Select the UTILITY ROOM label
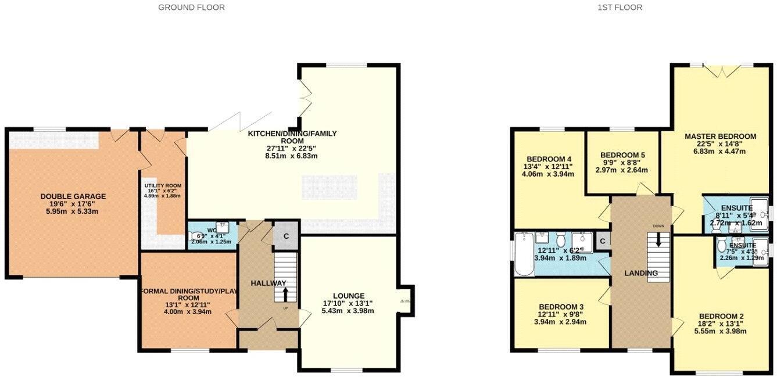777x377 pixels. point(163,186)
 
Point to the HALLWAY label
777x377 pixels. point(268,283)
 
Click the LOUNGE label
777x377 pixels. point(349,296)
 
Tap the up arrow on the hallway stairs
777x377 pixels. point(285,295)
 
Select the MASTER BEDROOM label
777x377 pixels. point(720,137)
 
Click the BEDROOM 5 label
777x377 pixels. point(622,155)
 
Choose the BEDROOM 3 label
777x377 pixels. point(561,307)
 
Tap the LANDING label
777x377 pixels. point(641,273)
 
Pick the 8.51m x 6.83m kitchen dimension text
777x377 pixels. point(292,156)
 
